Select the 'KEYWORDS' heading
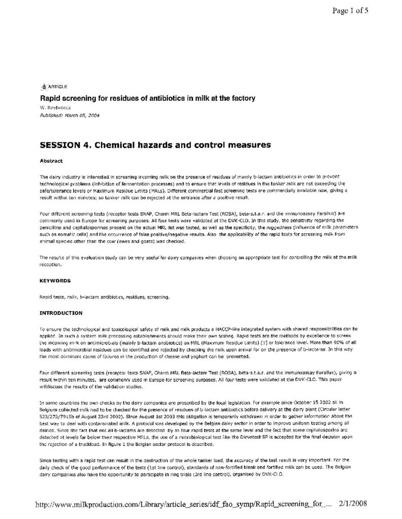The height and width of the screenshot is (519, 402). [x=55, y=280]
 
